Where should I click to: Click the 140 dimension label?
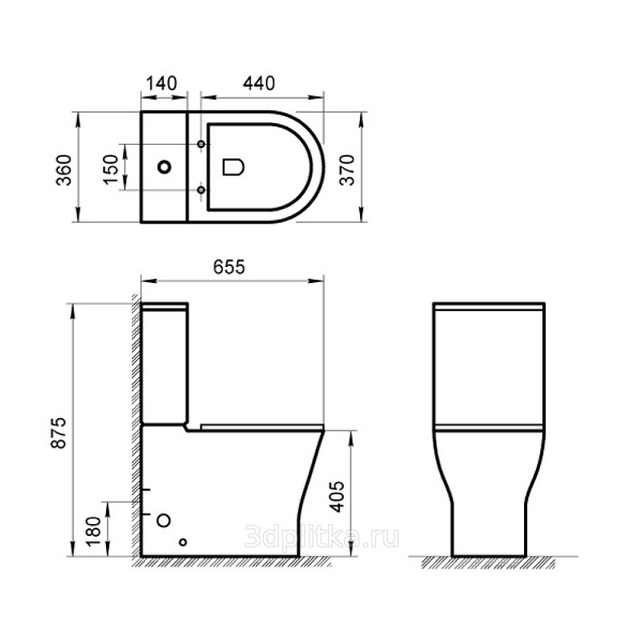click(162, 84)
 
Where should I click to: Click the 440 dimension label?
click(259, 84)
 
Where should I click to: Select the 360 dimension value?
click(64, 170)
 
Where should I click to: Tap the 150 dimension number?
click(111, 170)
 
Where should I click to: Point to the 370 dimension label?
click(347, 170)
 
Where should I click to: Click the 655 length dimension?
click(229, 268)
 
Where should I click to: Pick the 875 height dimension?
click(58, 433)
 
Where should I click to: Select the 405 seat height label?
click(337, 497)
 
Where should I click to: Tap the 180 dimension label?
click(94, 531)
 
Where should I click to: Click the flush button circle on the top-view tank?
click(165, 167)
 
